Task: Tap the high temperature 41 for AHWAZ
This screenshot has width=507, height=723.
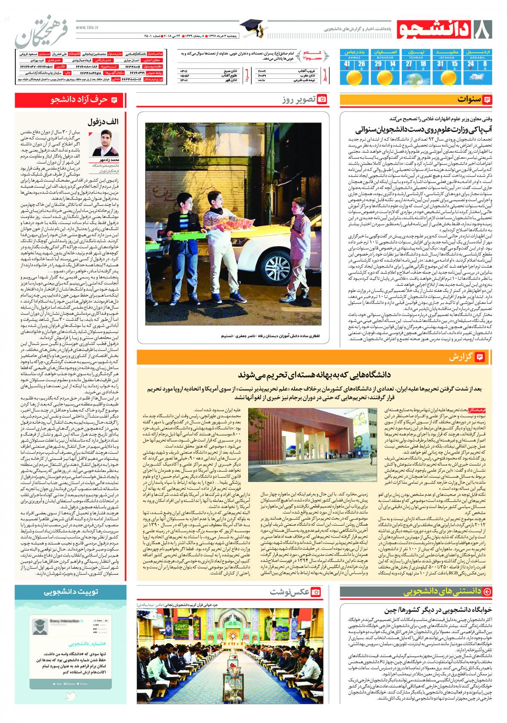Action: [347, 64]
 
